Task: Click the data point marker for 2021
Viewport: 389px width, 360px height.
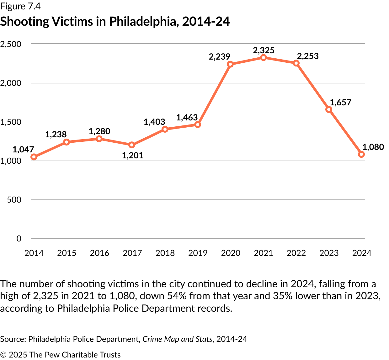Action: pyautogui.click(x=264, y=58)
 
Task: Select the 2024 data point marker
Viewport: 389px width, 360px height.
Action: pyautogui.click(x=361, y=154)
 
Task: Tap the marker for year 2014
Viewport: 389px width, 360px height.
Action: pyautogui.click(x=34, y=157)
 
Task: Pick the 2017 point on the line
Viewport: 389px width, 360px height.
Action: pyautogui.click(x=132, y=145)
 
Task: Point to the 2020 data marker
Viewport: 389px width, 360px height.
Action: pyautogui.click(x=230, y=64)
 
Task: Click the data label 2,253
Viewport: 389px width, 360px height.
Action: pyautogui.click(x=308, y=56)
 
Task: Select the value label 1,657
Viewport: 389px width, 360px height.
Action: pyautogui.click(x=340, y=103)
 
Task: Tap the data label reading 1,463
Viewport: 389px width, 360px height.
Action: pyautogui.click(x=187, y=118)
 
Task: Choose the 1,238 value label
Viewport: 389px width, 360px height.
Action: pyautogui.click(x=56, y=135)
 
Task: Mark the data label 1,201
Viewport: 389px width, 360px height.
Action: pyautogui.click(x=132, y=156)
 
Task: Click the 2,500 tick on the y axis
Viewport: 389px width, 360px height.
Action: pyautogui.click(x=11, y=44)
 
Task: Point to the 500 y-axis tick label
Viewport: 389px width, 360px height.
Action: pyautogui.click(x=14, y=200)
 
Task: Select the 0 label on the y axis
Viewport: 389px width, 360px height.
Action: pyautogui.click(x=19, y=239)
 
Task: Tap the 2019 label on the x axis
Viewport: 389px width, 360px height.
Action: pyautogui.click(x=198, y=253)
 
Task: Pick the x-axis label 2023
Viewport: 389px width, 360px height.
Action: pyautogui.click(x=329, y=253)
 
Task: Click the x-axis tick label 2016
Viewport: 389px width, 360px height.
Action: pyautogui.click(x=99, y=253)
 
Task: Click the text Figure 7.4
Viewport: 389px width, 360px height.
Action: pyautogui.click(x=20, y=6)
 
